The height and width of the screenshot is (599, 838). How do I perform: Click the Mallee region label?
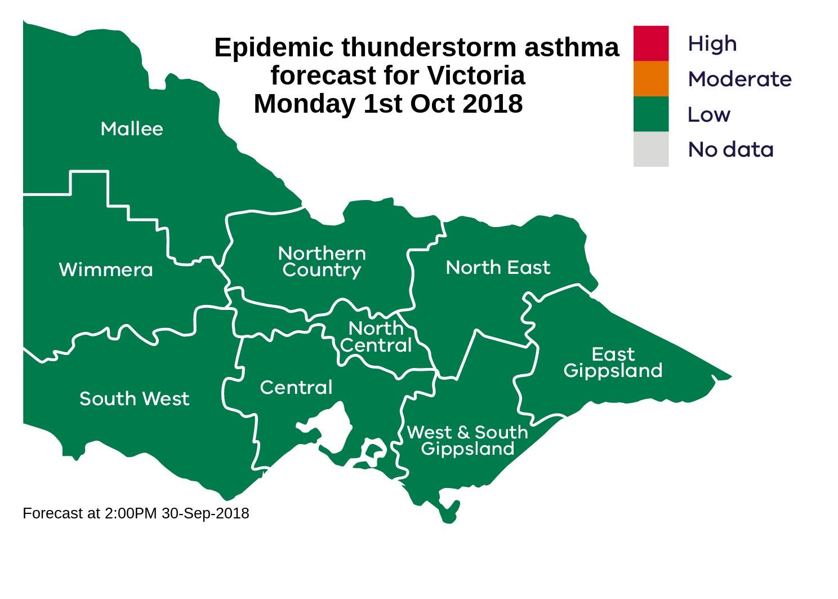[132, 129]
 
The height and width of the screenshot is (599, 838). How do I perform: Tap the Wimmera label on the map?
[106, 270]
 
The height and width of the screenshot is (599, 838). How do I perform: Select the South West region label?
[134, 399]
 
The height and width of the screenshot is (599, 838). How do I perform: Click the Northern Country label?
[322, 261]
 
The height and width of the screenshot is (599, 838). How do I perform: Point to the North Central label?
[376, 336]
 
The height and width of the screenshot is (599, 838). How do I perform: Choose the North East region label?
[497, 268]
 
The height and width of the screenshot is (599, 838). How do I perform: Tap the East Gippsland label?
[613, 362]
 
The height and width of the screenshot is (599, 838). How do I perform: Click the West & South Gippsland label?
[467, 441]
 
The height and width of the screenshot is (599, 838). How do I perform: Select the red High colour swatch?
[650, 43]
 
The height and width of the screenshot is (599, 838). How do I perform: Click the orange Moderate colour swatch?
[650, 79]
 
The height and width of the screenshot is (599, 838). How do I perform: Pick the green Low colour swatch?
[650, 114]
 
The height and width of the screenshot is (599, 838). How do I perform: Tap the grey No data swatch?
[650, 149]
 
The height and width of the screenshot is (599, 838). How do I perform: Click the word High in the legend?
[712, 44]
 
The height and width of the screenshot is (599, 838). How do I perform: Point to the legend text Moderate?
[739, 79]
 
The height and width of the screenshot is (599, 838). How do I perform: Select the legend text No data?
[730, 150]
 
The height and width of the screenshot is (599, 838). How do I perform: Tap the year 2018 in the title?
[492, 104]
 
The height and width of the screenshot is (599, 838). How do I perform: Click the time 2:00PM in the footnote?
[131, 513]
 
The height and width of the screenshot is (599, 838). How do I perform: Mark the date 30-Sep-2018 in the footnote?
[206, 513]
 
